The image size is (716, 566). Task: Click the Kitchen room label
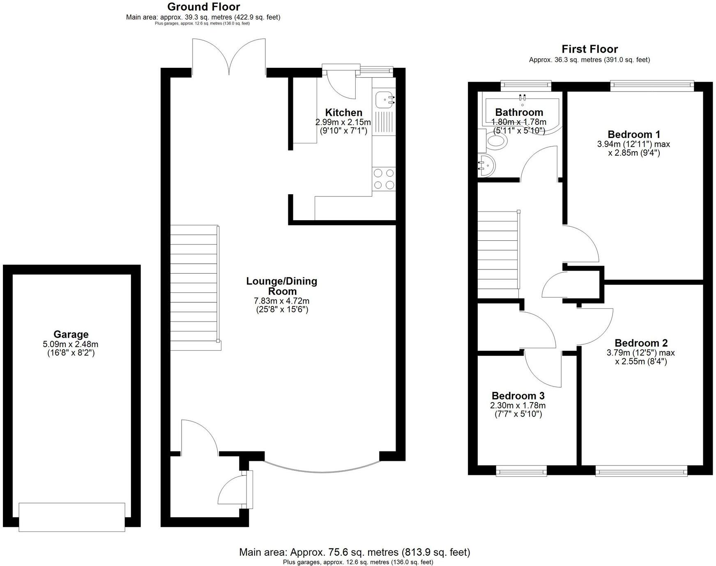[343, 113]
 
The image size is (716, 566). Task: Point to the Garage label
[71, 334]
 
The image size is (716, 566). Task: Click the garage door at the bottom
[72, 517]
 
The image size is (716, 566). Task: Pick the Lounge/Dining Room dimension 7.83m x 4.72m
[281, 301]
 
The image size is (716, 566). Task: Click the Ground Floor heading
[203, 7]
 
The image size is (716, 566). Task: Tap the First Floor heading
[589, 49]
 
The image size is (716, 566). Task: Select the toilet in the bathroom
[496, 142]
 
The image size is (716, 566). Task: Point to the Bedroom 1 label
[633, 134]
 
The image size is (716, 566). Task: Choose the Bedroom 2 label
[641, 343]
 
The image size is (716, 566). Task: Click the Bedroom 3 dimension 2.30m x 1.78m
[518, 405]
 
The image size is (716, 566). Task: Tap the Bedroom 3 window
[521, 471]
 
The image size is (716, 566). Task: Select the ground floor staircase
[194, 288]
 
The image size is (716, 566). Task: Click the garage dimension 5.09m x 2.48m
[71, 344]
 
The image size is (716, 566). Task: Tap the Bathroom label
[519, 112]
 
